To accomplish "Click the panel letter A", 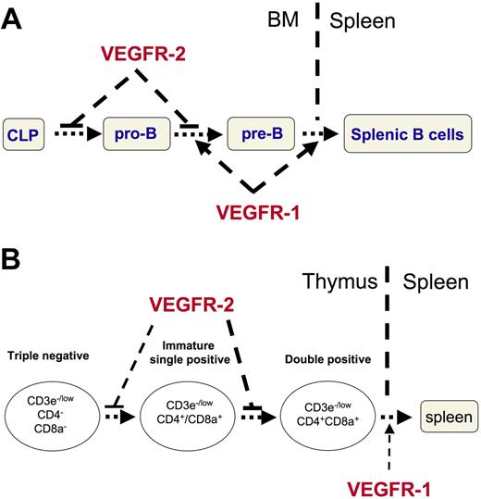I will (17, 19).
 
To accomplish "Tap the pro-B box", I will (139, 133).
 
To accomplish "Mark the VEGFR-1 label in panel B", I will (388, 486).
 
